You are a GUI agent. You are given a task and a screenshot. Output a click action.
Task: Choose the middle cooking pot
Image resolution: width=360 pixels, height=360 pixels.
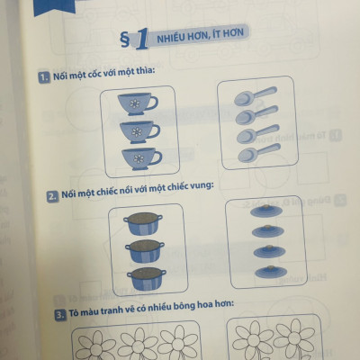144,249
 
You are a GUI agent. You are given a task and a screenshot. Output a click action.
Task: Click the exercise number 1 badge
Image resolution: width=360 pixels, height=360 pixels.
41,79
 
